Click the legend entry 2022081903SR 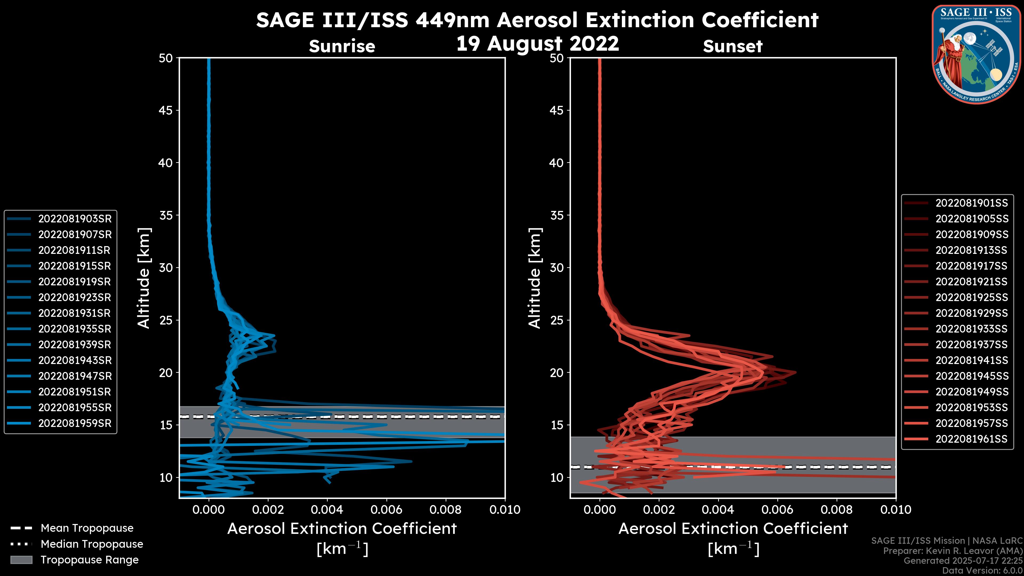(75, 219)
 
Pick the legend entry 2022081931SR (74, 313)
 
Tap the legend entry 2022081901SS (971, 203)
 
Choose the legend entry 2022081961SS (971, 439)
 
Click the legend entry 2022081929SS (971, 313)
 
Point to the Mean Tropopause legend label (87, 528)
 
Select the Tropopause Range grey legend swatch (21, 560)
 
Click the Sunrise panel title (342, 46)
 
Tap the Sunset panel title (733, 46)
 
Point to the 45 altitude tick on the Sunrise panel (166, 110)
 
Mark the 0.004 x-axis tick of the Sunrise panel (327, 510)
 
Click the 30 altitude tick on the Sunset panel (557, 267)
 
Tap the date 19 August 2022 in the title (537, 44)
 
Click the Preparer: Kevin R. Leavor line (953, 551)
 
